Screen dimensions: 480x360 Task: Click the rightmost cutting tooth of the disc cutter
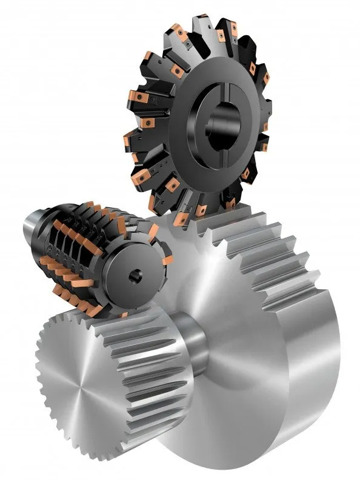(x=264, y=145)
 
